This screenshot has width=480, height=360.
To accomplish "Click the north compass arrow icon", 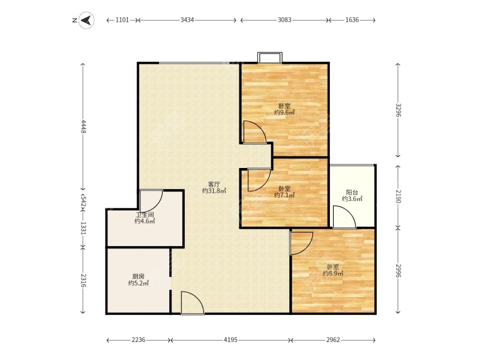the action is click(x=86, y=20).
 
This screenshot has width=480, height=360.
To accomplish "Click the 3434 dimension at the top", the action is click(x=187, y=20).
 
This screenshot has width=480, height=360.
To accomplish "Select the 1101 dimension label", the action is click(x=122, y=20).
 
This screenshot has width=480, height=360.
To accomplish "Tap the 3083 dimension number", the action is click(x=284, y=20).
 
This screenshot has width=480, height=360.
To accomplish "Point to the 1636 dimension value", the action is click(x=352, y=20).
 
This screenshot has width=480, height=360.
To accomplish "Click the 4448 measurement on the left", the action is click(x=83, y=127).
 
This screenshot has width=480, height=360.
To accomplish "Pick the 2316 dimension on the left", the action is click(x=83, y=280).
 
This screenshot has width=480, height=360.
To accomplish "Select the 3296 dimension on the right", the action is click(x=398, y=110).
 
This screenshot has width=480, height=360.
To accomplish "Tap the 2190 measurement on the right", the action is click(x=398, y=196).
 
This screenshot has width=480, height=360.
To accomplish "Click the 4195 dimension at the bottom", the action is click(x=230, y=340).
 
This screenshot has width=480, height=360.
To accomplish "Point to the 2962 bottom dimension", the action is click(x=333, y=340).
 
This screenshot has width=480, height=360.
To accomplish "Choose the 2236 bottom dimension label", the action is click(x=139, y=340).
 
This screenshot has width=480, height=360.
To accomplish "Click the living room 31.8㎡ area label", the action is click(x=214, y=188).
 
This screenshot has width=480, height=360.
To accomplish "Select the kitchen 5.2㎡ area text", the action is click(x=139, y=280).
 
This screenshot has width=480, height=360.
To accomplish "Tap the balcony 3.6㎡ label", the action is click(x=352, y=196).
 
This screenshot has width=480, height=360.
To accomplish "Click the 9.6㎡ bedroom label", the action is click(x=284, y=109).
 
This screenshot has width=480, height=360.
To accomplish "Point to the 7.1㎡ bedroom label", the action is click(x=284, y=192).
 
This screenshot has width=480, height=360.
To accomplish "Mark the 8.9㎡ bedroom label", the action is click(x=333, y=270).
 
